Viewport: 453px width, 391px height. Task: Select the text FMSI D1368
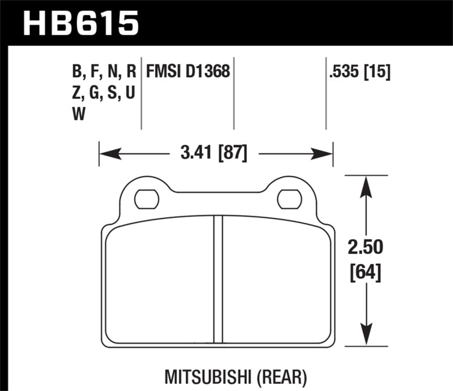coord(189,72)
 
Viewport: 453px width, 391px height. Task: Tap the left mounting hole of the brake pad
coord(147,199)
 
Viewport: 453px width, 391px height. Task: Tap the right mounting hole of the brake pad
coord(288,199)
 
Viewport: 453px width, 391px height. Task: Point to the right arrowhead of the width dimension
coord(324,153)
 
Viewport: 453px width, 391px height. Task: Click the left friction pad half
coord(160,283)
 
